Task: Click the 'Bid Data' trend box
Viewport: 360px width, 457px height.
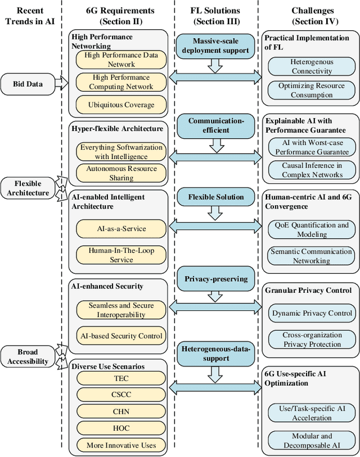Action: pos(30,84)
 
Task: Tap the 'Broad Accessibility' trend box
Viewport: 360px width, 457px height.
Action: pos(28,356)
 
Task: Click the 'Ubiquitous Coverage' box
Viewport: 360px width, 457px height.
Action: pos(120,105)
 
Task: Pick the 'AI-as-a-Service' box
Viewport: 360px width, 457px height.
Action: pos(121,229)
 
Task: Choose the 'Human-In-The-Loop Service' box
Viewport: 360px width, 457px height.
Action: pos(121,255)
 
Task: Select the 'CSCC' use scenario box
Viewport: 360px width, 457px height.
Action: pos(121,395)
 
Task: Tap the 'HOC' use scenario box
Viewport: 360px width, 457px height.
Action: pos(121,428)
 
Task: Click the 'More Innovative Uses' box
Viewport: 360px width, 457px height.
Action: pos(121,445)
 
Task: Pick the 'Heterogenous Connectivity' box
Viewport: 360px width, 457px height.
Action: pos(312,66)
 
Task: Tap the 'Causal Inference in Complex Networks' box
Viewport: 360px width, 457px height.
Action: pos(312,170)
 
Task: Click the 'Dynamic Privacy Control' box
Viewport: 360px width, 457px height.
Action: pos(312,313)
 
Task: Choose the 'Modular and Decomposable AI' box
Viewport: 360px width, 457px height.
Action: pos(312,440)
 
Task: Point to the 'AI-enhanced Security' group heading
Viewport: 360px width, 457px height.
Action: pos(107,286)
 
